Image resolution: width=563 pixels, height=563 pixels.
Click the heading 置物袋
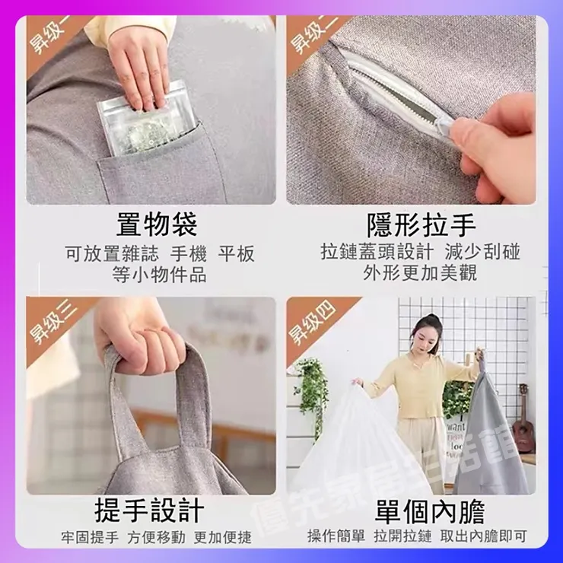pos(157,225)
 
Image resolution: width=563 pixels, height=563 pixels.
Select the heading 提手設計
pos(149,511)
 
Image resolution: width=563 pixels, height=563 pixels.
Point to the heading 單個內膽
pos(429,511)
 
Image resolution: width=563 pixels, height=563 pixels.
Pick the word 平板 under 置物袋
pos(237,254)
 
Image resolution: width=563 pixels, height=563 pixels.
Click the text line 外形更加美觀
pos(420,273)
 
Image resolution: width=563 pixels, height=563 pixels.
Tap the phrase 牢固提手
pos(90,537)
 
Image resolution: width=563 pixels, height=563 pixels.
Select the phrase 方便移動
pos(156,537)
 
